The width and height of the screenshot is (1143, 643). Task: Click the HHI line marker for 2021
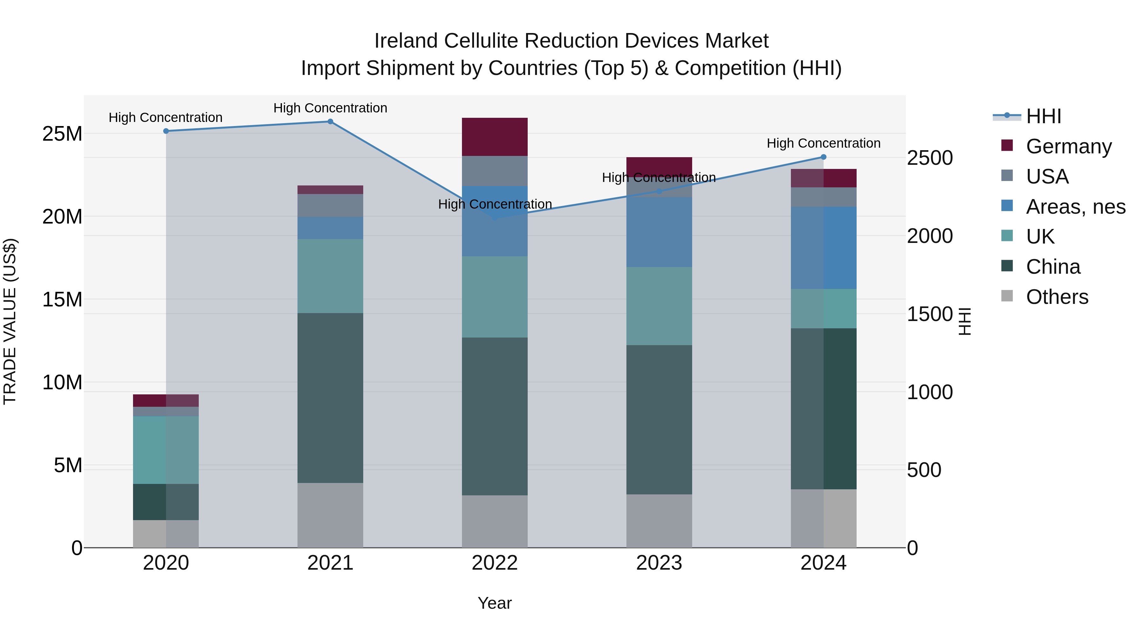point(330,122)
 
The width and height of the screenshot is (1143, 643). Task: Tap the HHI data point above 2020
point(166,131)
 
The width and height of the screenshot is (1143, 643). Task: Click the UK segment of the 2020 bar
point(166,450)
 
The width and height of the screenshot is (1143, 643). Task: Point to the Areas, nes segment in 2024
point(824,248)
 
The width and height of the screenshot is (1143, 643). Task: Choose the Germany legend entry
point(1068,146)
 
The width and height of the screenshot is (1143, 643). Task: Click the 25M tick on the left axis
point(62,134)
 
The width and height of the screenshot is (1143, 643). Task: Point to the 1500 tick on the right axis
point(930,314)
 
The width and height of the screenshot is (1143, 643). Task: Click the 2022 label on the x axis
point(495,563)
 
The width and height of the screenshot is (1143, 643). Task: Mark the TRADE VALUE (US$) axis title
point(10,321)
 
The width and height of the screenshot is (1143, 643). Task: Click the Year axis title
point(495,603)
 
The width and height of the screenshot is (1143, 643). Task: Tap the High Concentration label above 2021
point(330,108)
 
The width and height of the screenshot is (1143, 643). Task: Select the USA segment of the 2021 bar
point(330,205)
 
